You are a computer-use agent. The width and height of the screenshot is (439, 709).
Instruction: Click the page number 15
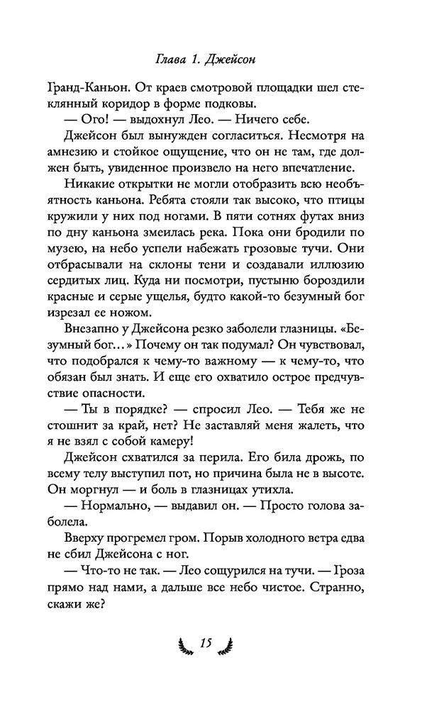(206, 642)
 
